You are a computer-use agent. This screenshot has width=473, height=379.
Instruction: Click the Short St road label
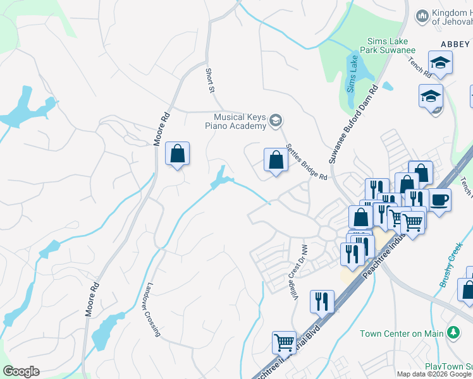tap(210, 80)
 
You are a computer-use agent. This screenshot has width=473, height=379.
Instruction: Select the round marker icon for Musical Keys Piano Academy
tap(276, 121)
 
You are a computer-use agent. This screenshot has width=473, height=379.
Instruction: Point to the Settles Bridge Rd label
tap(306, 162)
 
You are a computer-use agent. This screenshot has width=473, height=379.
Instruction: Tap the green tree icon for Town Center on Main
tap(453, 333)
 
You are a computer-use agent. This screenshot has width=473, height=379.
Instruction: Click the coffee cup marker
tap(440, 200)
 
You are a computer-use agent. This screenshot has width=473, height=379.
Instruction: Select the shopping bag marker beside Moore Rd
tap(178, 153)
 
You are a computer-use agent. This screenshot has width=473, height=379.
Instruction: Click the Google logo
tap(21, 371)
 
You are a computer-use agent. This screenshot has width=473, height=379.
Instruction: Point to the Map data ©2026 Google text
tap(434, 374)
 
